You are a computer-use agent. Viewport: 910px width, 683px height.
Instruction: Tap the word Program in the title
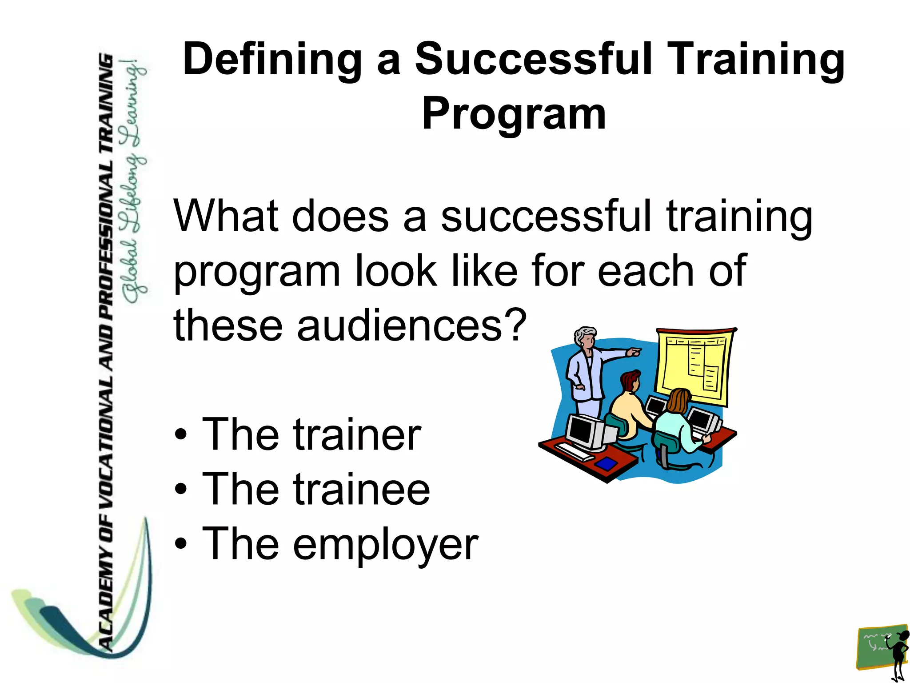pyautogui.click(x=514, y=114)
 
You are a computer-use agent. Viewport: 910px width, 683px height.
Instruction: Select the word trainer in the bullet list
pyautogui.click(x=356, y=435)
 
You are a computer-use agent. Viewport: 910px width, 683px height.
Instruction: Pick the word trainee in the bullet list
pyautogui.click(x=361, y=490)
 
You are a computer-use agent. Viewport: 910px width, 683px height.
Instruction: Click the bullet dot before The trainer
pyautogui.click(x=180, y=435)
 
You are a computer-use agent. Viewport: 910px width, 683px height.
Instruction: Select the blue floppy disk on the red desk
pyautogui.click(x=606, y=464)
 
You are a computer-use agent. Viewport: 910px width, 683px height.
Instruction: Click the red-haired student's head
pyautogui.click(x=630, y=382)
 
